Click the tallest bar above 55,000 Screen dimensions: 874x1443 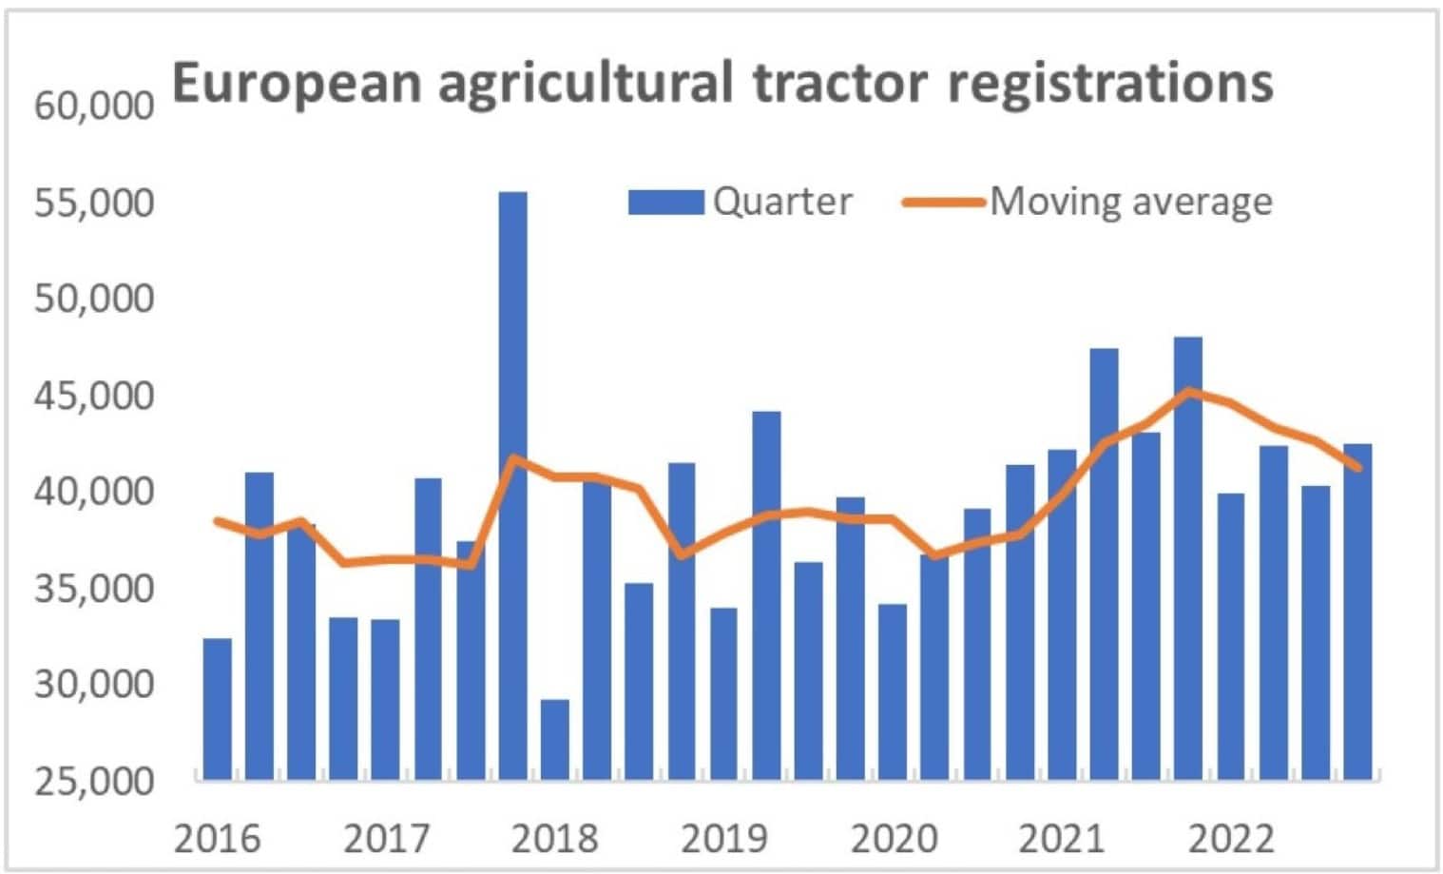coord(512,485)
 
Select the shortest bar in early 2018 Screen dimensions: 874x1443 coord(555,740)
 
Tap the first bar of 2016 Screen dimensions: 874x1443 coord(218,709)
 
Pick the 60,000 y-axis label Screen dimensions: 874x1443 coord(94,106)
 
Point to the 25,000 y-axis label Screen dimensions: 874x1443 coord(94,781)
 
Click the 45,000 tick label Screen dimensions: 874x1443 coord(94,396)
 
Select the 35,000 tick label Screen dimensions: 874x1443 coord(94,589)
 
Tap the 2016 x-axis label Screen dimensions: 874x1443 coord(218,839)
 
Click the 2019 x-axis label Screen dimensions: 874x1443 coord(724,839)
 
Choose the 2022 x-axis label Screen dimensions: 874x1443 coord(1231,839)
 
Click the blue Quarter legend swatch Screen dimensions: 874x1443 coord(665,202)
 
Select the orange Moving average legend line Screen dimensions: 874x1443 coord(942,202)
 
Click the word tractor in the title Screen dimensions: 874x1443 coord(840,83)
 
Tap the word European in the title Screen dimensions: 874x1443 coord(297,83)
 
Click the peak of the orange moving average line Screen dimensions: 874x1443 coord(1188,391)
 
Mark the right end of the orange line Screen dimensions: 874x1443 coord(1358,467)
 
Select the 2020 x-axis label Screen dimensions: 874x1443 coord(894,839)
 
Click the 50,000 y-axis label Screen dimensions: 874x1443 coord(94,299)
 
